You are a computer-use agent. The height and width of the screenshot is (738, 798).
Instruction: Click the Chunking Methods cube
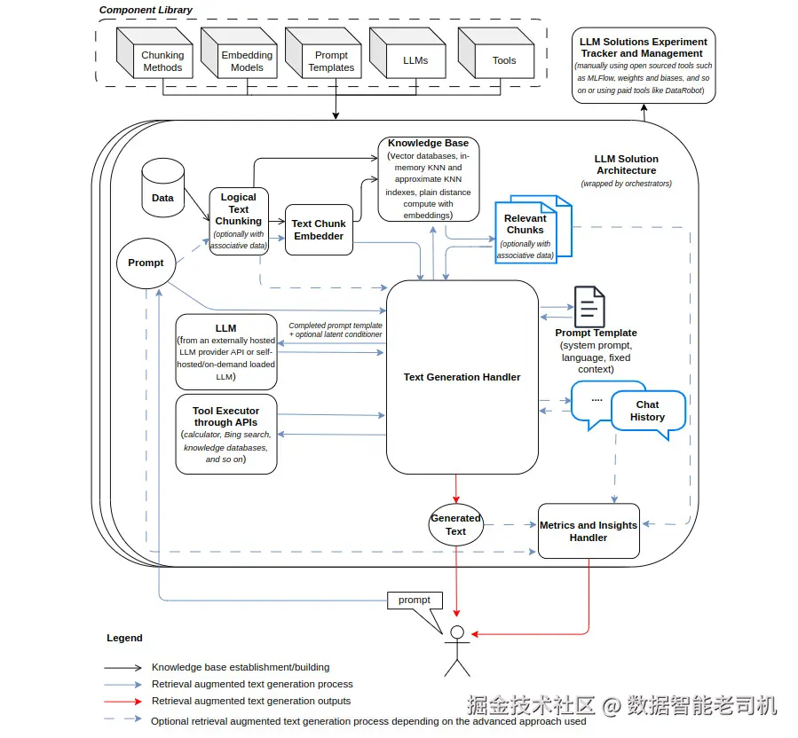(154, 53)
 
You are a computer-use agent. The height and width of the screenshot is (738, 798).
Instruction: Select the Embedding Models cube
(239, 53)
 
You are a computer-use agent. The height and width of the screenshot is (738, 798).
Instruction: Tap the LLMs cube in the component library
(407, 53)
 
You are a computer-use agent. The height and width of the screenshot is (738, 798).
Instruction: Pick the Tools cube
(496, 53)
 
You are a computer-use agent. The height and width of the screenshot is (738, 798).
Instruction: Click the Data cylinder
(162, 188)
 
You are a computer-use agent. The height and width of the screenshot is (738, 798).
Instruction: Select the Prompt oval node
(146, 263)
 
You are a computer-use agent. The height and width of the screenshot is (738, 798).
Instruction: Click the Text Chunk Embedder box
(319, 230)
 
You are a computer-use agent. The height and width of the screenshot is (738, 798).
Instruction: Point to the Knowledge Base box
(429, 179)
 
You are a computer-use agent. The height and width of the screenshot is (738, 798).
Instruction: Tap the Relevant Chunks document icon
(533, 230)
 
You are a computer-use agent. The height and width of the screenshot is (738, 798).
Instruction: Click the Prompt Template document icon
(589, 307)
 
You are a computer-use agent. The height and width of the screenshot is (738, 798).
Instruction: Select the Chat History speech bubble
(648, 412)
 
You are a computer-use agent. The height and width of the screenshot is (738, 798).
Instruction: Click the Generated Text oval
(456, 525)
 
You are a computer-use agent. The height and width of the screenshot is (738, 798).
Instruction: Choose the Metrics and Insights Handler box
(589, 531)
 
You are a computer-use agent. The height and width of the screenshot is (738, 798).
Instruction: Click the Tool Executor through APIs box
(226, 435)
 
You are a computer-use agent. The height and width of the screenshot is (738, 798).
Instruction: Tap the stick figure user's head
(457, 632)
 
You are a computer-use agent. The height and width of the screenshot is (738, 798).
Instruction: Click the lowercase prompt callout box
(415, 601)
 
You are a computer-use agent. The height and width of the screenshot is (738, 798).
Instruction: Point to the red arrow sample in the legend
(122, 702)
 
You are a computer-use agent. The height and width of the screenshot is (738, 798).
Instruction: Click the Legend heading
(124, 638)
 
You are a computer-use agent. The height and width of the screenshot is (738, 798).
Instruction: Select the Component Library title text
(146, 10)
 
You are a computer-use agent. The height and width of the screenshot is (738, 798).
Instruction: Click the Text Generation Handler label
(462, 377)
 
